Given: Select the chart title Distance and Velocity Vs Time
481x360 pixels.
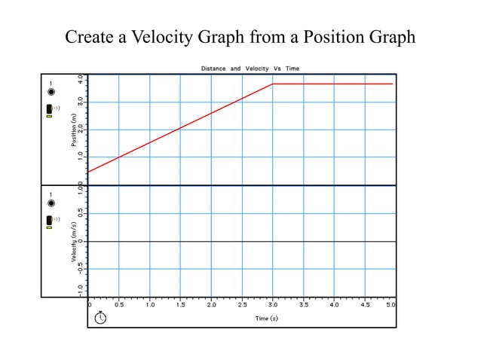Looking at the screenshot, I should (250, 69).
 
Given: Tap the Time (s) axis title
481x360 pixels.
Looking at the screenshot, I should (266, 319).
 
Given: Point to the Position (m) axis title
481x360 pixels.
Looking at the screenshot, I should (74, 129).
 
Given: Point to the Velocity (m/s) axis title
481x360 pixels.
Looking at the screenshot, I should (74, 242).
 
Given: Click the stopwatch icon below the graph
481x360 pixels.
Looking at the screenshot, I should (100, 317).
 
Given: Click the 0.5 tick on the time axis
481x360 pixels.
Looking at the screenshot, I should (119, 306).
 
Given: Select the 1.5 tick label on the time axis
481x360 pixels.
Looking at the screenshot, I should (181, 306).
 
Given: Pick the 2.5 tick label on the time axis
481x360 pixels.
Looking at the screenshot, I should (242, 306).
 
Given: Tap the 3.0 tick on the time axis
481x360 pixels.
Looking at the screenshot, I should (273, 306).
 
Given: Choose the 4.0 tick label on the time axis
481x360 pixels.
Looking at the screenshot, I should (335, 306).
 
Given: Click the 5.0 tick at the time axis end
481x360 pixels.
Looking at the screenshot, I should (391, 306).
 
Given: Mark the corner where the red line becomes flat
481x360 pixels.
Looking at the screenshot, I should (272, 84).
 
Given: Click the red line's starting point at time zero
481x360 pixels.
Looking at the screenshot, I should (88, 172).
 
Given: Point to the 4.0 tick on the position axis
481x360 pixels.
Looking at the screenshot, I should (81, 78).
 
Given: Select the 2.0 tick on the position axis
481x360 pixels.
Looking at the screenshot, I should (81, 129).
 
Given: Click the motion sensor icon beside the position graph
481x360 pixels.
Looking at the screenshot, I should (50, 110).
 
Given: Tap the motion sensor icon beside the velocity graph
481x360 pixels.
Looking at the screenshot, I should (50, 221).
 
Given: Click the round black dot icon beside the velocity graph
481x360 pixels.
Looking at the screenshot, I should (51, 203).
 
